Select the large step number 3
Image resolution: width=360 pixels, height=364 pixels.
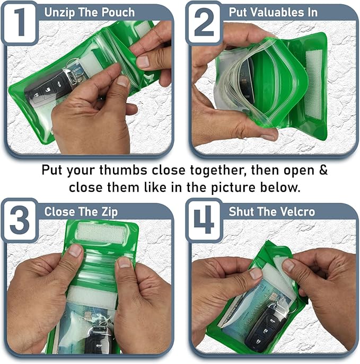tap(20, 221)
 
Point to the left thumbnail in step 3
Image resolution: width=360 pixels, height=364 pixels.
tap(75, 250)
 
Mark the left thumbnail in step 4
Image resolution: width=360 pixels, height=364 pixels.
tap(256, 273)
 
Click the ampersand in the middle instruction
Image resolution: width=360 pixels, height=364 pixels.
tap(323, 172)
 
